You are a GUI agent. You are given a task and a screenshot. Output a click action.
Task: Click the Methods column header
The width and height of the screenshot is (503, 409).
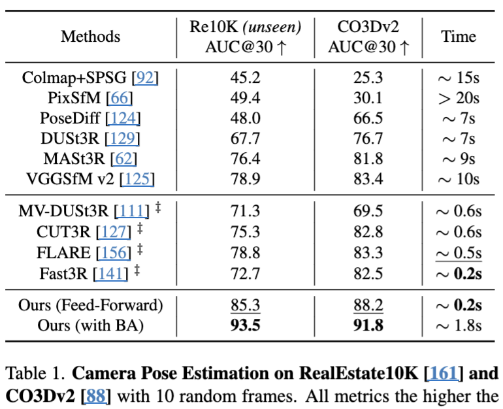(91, 37)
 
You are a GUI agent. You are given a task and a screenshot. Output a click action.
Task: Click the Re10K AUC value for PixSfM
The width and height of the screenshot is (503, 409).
(245, 99)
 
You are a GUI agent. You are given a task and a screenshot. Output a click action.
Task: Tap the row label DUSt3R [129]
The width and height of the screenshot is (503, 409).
(90, 139)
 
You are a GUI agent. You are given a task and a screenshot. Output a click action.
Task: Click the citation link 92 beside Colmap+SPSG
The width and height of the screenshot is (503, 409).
(145, 78)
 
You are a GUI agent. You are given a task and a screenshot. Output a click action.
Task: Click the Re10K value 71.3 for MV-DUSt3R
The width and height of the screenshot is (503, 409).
(245, 210)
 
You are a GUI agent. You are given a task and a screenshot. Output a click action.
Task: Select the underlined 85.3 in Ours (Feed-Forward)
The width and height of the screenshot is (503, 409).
(245, 304)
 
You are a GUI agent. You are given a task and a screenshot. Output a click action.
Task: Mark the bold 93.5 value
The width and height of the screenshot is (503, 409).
(245, 325)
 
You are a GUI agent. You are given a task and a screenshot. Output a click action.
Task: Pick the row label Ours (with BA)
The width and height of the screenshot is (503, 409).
(90, 325)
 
